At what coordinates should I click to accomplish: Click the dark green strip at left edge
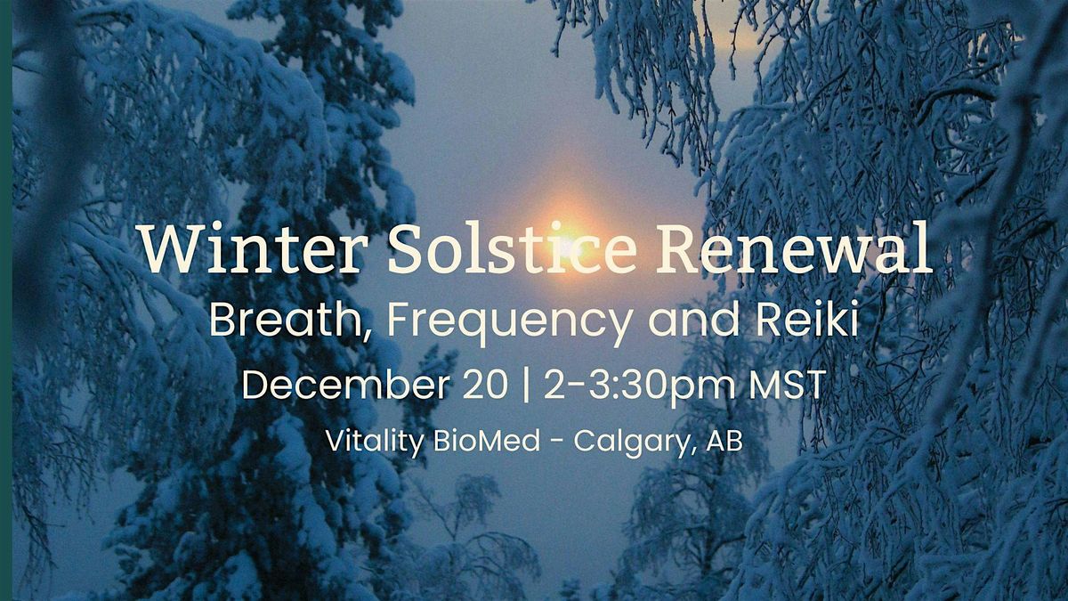point(5,300)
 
